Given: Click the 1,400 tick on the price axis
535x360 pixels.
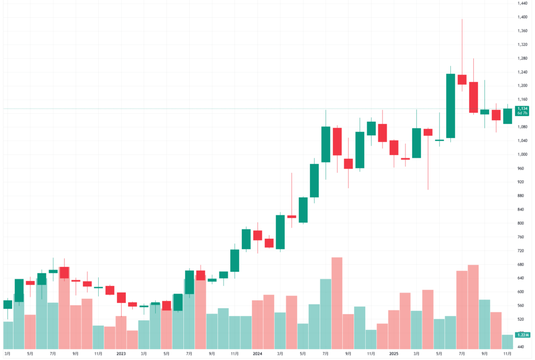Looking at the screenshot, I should point(521,17).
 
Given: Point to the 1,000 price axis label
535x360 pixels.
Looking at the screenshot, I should point(521,154).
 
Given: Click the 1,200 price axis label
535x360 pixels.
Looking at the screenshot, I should point(521,86).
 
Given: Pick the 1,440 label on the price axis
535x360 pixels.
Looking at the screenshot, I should point(521,4).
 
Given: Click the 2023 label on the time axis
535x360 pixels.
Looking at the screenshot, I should point(121,353).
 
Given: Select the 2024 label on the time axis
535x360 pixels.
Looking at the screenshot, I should point(257,353).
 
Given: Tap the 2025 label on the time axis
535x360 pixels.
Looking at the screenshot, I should point(393,353).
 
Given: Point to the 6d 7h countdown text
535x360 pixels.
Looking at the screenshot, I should point(522,113).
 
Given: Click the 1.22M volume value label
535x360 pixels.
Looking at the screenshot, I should point(521,334).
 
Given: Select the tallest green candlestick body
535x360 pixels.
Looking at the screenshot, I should point(450,106).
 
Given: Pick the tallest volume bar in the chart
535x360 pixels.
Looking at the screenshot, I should point(337,303).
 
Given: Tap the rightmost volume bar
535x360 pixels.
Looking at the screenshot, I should point(507,342).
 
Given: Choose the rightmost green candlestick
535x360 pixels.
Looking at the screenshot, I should point(507,116).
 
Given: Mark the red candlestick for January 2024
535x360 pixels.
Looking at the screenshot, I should point(258,235).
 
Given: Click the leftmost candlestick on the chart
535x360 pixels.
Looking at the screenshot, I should point(7,304).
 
